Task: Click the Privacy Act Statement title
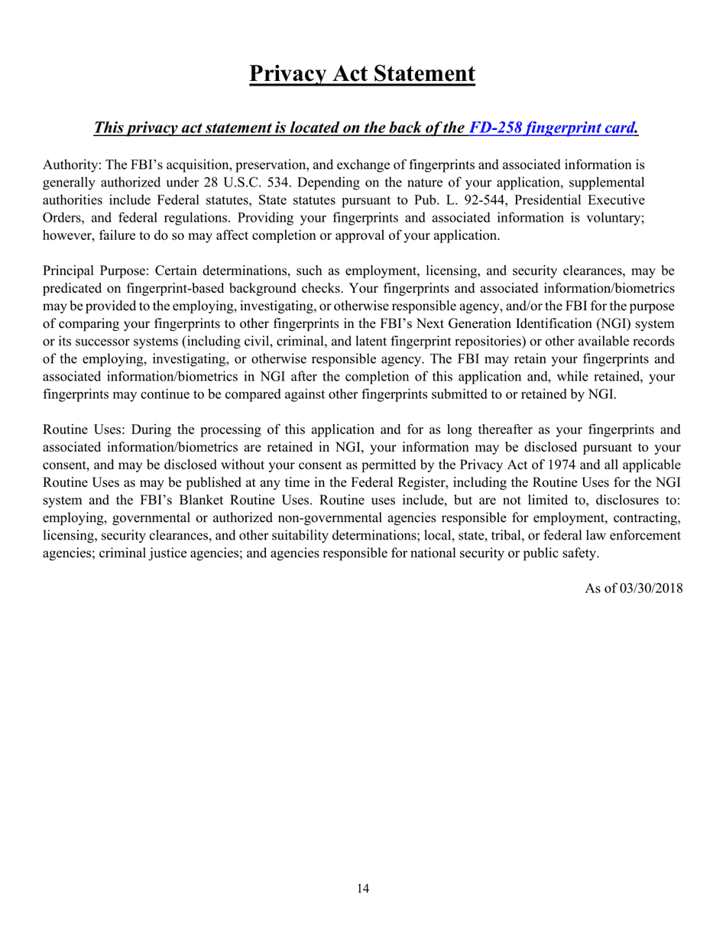click(x=362, y=74)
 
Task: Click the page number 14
click(x=362, y=889)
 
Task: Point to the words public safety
click(x=561, y=553)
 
